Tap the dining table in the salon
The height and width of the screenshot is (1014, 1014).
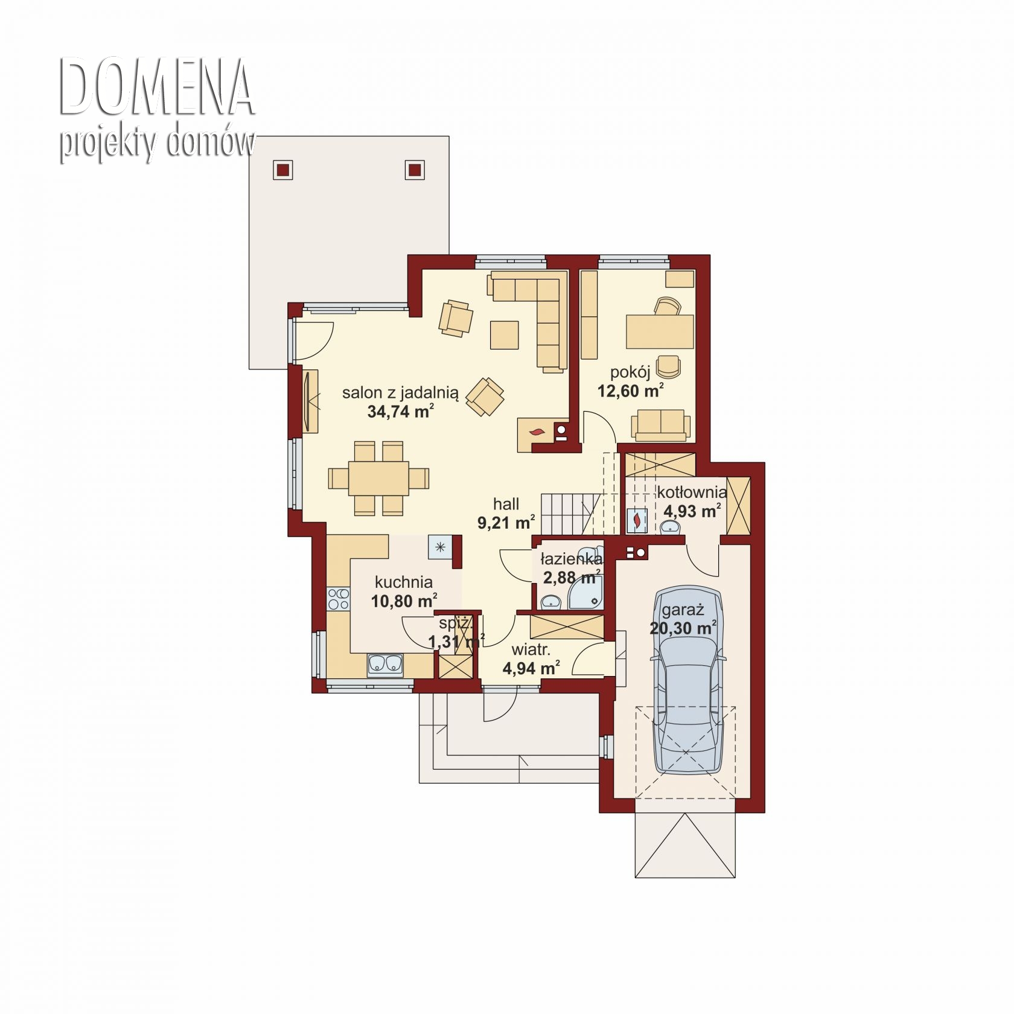click(378, 478)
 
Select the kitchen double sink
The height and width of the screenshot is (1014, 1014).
click(385, 663)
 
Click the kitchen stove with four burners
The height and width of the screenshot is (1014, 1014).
click(338, 599)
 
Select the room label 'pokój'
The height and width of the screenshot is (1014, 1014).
click(630, 372)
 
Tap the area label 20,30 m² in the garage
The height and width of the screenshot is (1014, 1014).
click(683, 628)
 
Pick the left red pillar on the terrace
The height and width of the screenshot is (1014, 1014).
click(283, 170)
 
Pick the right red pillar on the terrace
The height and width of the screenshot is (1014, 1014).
click(415, 170)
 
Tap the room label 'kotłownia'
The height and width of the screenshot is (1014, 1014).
click(692, 492)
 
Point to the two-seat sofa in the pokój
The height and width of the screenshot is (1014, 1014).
click(661, 424)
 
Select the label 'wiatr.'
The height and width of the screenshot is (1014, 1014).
click(531, 650)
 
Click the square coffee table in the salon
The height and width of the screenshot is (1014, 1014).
click(505, 335)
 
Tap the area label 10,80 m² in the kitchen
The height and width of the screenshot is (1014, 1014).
click(404, 601)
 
